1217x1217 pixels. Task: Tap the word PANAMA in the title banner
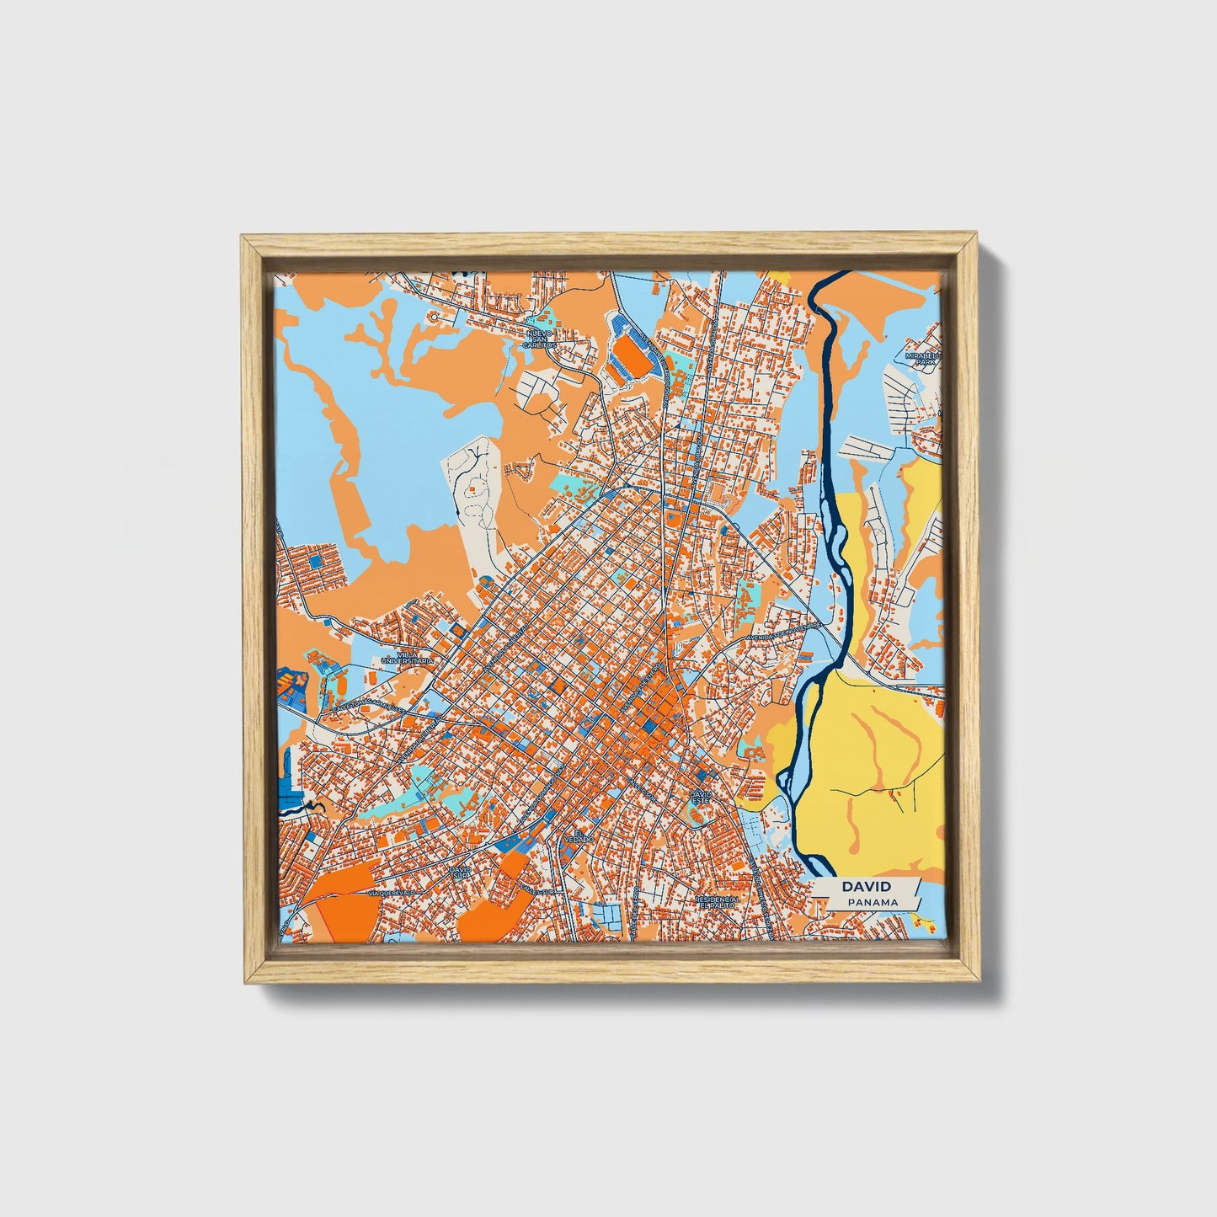873,902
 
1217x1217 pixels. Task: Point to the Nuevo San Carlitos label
538,339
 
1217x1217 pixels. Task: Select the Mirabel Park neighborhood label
921,358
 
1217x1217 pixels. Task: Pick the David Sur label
460,873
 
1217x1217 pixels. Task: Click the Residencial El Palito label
718,903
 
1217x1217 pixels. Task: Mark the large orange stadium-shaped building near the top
633,358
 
